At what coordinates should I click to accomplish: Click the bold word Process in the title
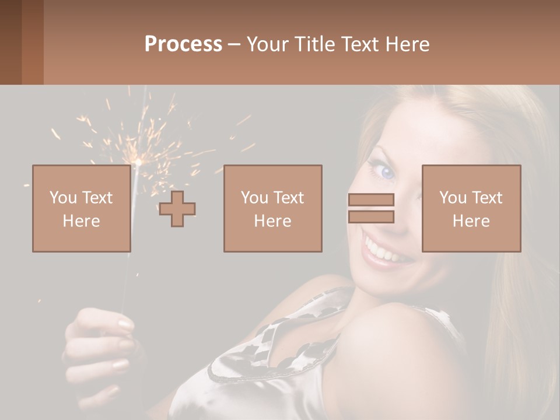click(183, 44)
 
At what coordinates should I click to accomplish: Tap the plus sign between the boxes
click(177, 209)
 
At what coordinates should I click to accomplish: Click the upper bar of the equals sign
click(371, 199)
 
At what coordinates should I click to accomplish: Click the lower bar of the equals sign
click(371, 216)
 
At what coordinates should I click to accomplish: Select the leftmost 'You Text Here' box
click(81, 208)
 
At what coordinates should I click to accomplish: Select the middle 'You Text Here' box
click(272, 208)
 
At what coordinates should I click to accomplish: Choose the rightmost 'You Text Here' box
click(471, 208)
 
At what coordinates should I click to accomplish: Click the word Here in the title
click(408, 44)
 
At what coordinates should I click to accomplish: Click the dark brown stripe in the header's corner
click(10, 42)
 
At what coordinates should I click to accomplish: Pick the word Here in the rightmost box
click(471, 221)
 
